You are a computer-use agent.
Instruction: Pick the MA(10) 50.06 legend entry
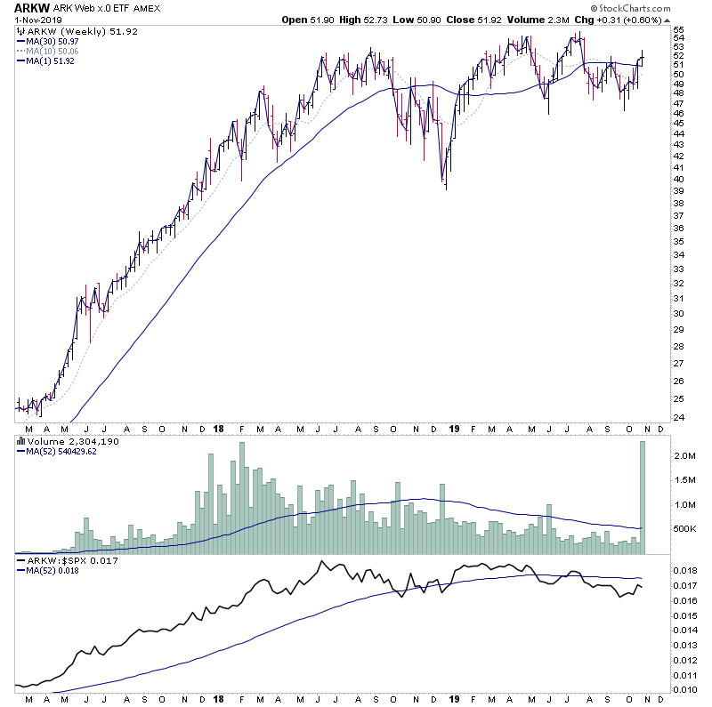point(54,52)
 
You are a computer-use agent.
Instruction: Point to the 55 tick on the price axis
point(677,30)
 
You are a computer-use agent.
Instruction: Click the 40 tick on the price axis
point(677,179)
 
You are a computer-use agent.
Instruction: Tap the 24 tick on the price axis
point(677,418)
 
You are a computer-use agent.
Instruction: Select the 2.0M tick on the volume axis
point(683,455)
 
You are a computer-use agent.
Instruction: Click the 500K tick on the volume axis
point(683,529)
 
